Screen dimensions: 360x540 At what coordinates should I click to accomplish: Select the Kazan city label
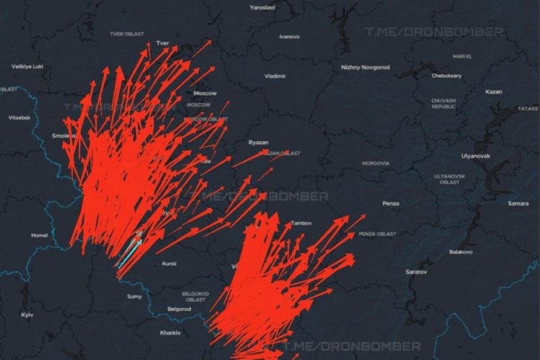pyautogui.click(x=493, y=91)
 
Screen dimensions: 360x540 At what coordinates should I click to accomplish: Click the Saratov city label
pyautogui.click(x=416, y=272)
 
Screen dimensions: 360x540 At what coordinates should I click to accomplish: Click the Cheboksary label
pyautogui.click(x=447, y=76)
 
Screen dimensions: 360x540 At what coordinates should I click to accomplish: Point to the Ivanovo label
pyautogui.click(x=289, y=36)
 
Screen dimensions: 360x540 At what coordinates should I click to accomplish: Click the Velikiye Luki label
pyautogui.click(x=28, y=66)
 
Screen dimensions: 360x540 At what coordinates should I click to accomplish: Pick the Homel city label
pyautogui.click(x=39, y=235)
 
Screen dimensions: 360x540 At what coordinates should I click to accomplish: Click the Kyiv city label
pyautogui.click(x=28, y=315)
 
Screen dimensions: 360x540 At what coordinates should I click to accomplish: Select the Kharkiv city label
pyautogui.click(x=170, y=333)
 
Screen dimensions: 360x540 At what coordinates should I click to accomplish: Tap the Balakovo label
pyautogui.click(x=461, y=252)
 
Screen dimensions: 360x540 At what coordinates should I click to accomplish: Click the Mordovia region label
pyautogui.click(x=375, y=163)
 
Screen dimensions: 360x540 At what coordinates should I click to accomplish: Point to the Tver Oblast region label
pyautogui.click(x=128, y=33)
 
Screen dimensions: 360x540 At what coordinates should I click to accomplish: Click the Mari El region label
pyautogui.click(x=462, y=56)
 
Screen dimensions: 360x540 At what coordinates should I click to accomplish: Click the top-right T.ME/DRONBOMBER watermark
pyautogui.click(x=433, y=32)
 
